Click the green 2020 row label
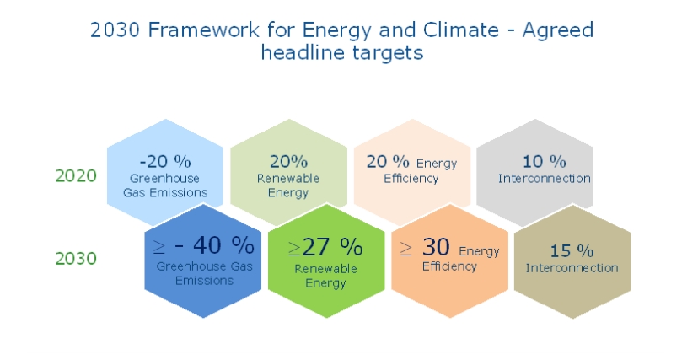point(76,175)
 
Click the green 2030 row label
point(76,258)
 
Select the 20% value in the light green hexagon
point(288,161)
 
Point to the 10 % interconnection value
point(544,160)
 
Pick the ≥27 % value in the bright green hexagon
point(325,246)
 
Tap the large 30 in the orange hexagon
point(437,247)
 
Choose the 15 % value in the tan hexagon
point(572,250)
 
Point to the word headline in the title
point(302,52)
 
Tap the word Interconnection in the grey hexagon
point(544,178)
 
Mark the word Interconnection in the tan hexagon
point(572,268)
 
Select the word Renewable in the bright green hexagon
point(325,268)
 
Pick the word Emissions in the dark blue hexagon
point(206,280)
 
